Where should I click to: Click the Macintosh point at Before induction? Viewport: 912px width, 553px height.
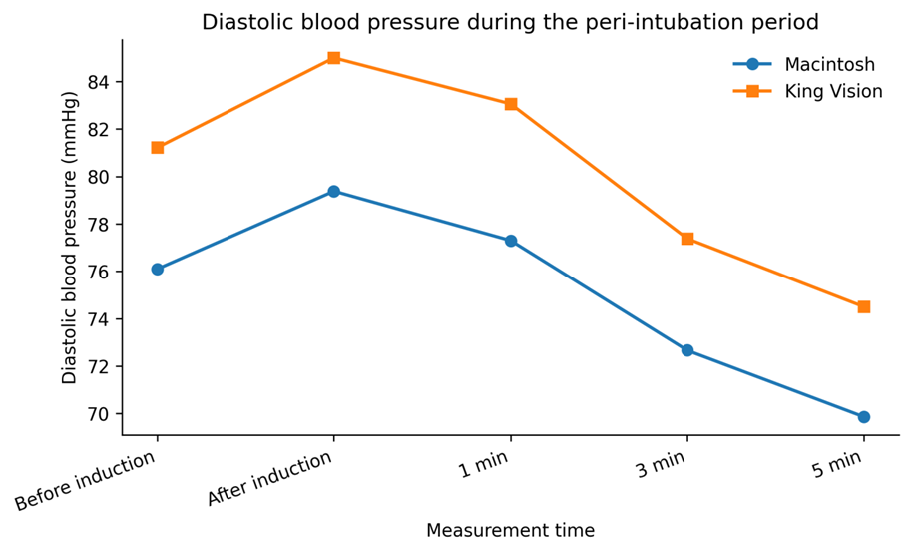pyautogui.click(x=157, y=269)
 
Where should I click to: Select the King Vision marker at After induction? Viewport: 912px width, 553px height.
pyautogui.click(x=334, y=58)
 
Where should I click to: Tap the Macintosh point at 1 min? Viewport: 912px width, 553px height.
pyautogui.click(x=511, y=241)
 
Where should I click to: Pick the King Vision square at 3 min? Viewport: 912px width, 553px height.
pyautogui.click(x=687, y=239)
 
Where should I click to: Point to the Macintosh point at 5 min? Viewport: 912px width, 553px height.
pyautogui.click(x=864, y=417)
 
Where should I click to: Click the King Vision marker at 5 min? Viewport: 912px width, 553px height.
pyautogui.click(x=864, y=306)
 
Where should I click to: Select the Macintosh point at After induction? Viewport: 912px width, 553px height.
pyautogui.click(x=334, y=191)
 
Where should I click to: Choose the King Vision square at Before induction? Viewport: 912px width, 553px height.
pyautogui.click(x=157, y=148)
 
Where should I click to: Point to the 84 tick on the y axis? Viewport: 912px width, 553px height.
pyautogui.click(x=119, y=82)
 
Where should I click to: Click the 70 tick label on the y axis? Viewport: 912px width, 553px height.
pyautogui.click(x=99, y=414)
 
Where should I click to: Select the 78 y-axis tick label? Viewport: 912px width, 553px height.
pyautogui.click(x=99, y=225)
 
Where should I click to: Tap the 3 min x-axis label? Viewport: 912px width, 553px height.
pyautogui.click(x=662, y=465)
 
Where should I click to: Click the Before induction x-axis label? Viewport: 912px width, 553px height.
pyautogui.click(x=86, y=481)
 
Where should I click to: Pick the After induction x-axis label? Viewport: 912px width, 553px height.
pyautogui.click(x=270, y=478)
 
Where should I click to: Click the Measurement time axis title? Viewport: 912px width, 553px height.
pyautogui.click(x=510, y=530)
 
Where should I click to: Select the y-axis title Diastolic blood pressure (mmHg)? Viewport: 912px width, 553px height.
pyautogui.click(x=70, y=238)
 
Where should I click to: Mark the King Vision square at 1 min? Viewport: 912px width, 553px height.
pyautogui.click(x=511, y=104)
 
